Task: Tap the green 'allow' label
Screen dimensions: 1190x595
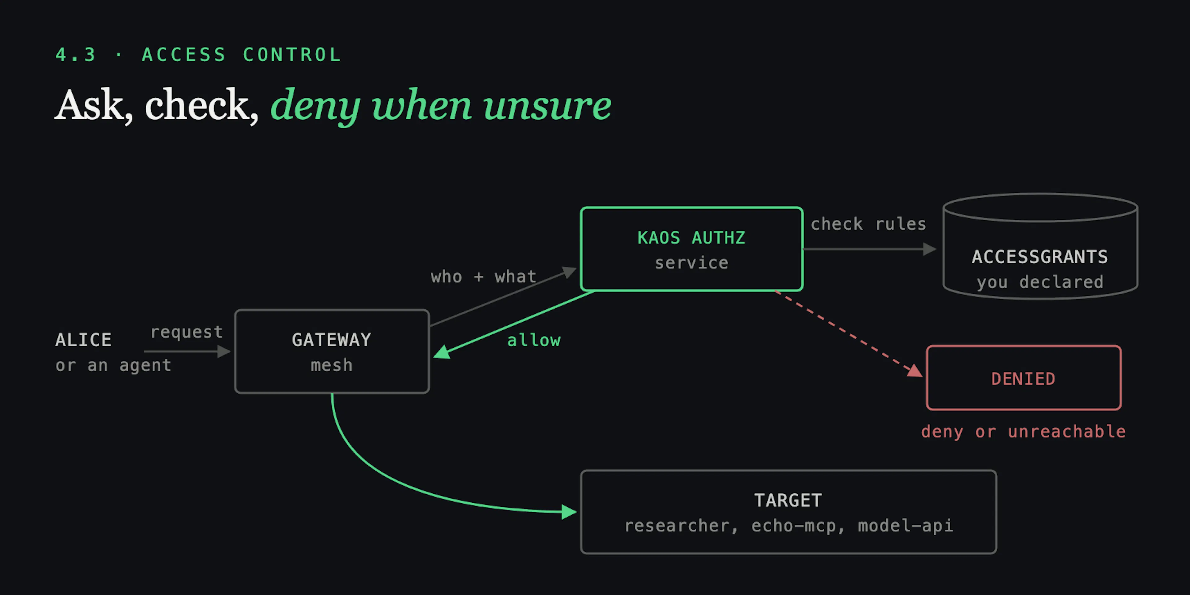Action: (x=534, y=341)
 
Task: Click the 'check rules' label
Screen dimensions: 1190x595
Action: (x=868, y=224)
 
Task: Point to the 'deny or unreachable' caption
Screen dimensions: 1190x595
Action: (x=1023, y=431)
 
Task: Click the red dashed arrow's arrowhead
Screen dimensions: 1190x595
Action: (x=915, y=371)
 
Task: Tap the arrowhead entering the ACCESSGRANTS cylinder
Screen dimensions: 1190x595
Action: (x=929, y=249)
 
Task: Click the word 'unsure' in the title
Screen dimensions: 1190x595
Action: (x=547, y=105)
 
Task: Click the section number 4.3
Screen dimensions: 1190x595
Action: (x=76, y=55)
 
